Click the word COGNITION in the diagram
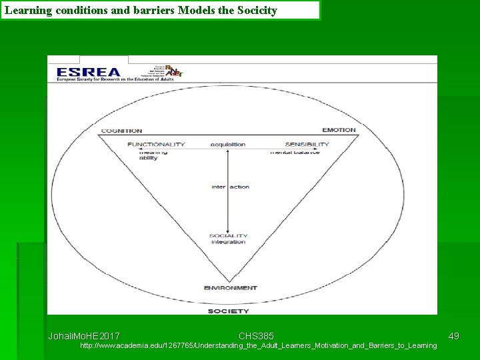(121, 131)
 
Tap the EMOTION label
(339, 130)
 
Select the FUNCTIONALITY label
(156, 145)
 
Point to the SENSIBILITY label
(307, 145)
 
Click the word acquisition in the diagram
(228, 145)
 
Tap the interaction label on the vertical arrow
(230, 187)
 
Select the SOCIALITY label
(228, 235)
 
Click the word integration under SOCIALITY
(228, 242)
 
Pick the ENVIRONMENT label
(230, 288)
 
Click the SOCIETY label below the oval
(229, 311)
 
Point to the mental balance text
(295, 153)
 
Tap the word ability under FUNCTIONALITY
(148, 159)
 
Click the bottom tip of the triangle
(229, 281)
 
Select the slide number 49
(453, 336)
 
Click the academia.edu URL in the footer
(258, 345)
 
